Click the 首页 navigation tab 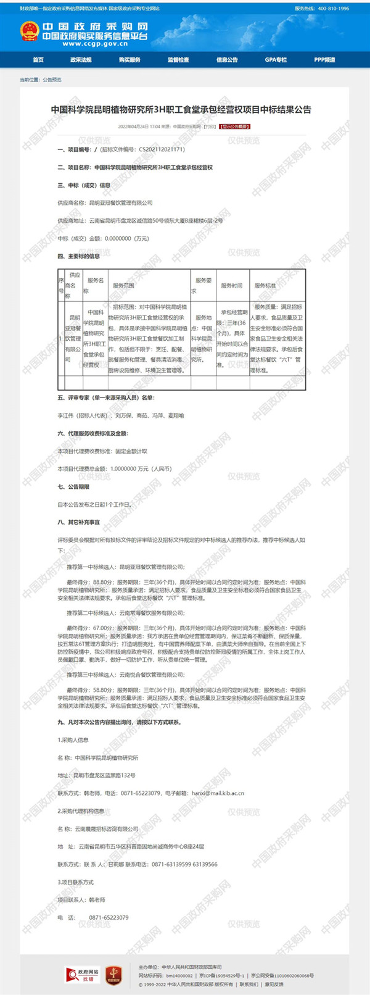tap(38, 60)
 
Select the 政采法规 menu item tap(81, 60)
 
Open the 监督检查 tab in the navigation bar tap(178, 60)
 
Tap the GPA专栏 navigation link tap(276, 60)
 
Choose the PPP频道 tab tap(324, 60)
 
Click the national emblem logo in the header tap(28, 31)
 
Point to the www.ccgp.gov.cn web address tap(94, 44)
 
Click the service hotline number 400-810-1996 tap(333, 9)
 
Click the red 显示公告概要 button tap(235, 127)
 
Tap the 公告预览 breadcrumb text tap(52, 80)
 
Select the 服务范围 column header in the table tap(123, 286)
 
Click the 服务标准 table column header tap(265, 286)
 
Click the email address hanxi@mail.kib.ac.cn tap(218, 793)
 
